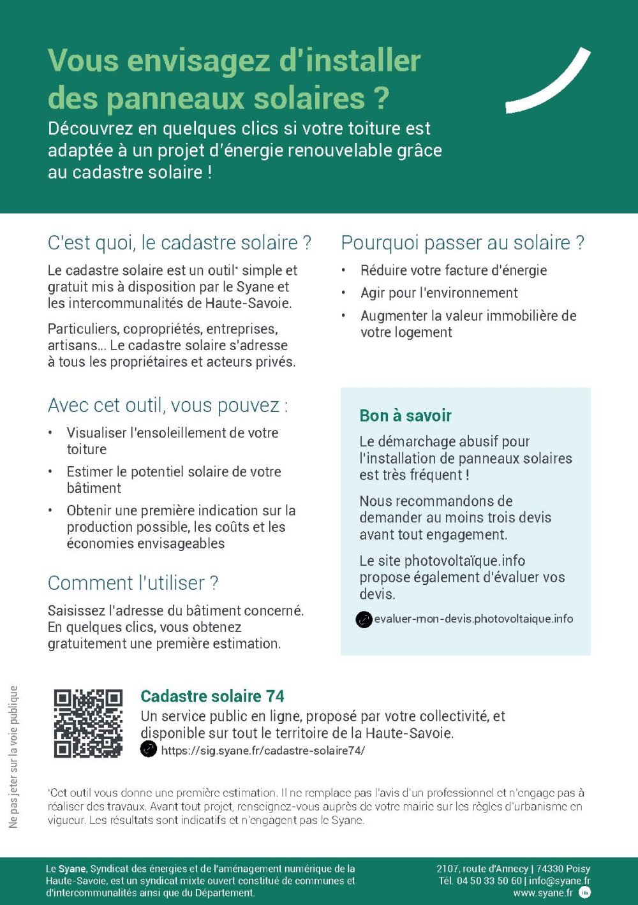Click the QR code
(x=88, y=723)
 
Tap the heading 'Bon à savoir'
(x=405, y=416)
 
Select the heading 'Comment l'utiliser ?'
(x=133, y=583)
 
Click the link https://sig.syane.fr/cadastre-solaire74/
(x=263, y=751)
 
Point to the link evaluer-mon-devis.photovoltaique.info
(x=473, y=619)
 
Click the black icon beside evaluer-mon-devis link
(x=364, y=619)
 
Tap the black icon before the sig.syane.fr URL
(x=149, y=749)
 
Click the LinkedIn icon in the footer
(x=584, y=892)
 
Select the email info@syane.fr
(x=560, y=881)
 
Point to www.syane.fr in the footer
(x=543, y=893)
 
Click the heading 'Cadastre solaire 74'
(x=212, y=696)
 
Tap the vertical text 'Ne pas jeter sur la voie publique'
(x=13, y=757)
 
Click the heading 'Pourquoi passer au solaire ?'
(x=463, y=243)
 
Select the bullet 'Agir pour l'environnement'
(x=439, y=293)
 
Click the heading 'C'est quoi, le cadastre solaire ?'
(x=179, y=243)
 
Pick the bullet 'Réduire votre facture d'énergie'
(x=454, y=270)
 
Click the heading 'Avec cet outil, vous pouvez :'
(x=168, y=406)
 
